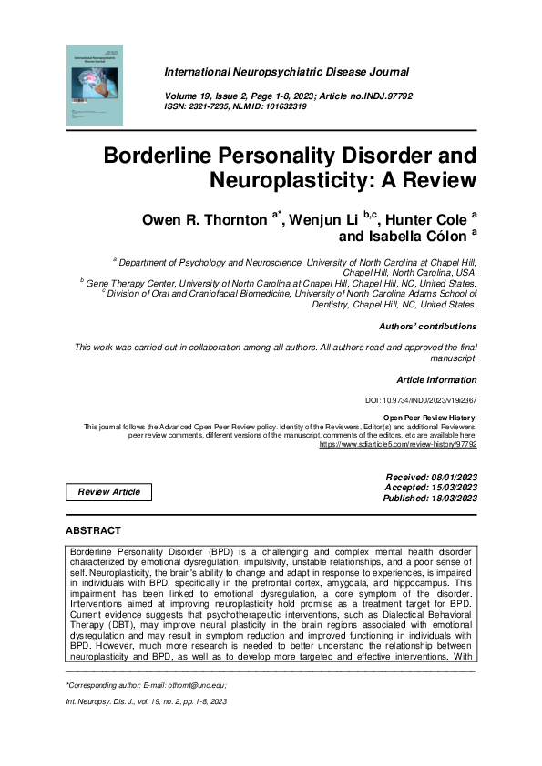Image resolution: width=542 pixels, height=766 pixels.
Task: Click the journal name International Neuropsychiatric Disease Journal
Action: coord(286,71)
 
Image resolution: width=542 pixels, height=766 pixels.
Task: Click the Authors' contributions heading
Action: coord(426,326)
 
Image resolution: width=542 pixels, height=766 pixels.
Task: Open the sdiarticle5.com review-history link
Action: coord(397,446)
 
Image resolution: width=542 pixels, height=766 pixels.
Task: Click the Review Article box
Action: coord(109,492)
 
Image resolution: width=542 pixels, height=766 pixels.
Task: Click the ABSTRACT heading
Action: coord(93,530)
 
